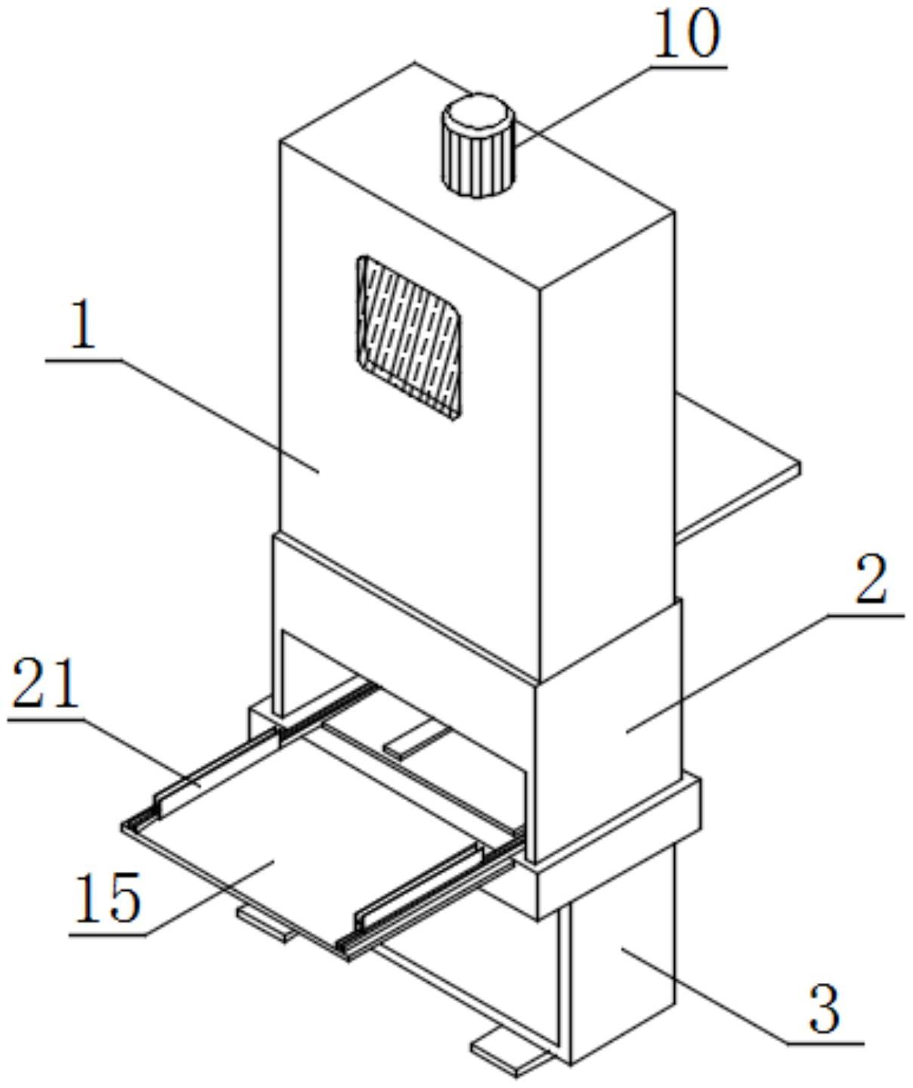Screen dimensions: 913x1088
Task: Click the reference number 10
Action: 686,36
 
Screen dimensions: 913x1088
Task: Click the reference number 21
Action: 45,684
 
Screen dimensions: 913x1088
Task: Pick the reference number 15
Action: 107,898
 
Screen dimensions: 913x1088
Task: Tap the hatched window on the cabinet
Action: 409,336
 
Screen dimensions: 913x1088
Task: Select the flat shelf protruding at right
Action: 737,468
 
